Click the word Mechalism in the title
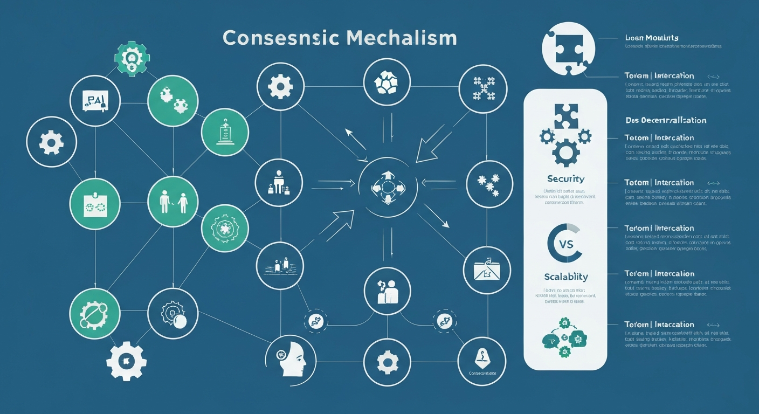tap(403, 38)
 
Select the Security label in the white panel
tap(565, 178)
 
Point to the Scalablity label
tap(565, 277)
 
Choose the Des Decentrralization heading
tap(665, 120)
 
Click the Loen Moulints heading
tap(651, 38)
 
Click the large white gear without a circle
tap(126, 361)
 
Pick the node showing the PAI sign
tap(95, 100)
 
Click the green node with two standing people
tap(172, 202)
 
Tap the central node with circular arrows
tap(388, 187)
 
